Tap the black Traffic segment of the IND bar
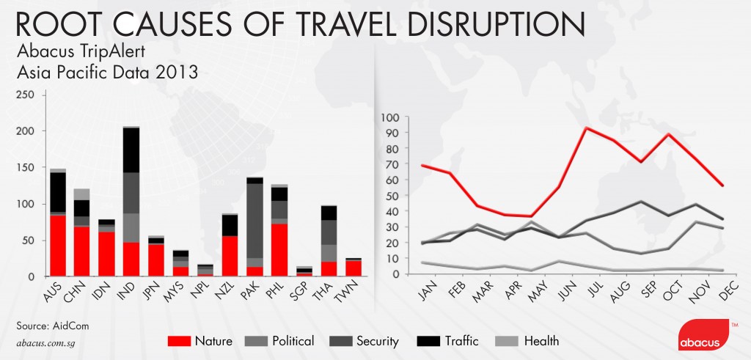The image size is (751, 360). tap(131, 150)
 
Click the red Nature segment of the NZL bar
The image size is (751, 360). tap(230, 256)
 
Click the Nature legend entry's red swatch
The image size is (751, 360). tap(180, 340)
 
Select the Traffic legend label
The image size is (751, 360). tap(461, 340)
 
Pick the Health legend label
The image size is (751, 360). tap(541, 340)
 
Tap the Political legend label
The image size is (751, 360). tap(292, 340)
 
